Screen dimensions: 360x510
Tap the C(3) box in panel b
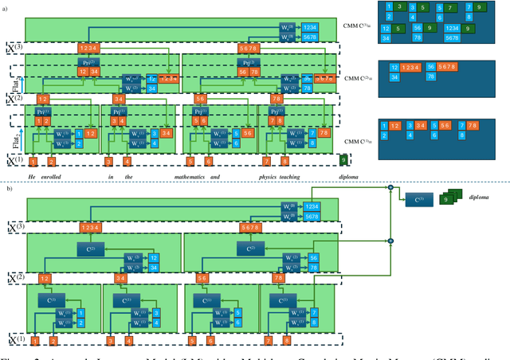(x=421, y=200)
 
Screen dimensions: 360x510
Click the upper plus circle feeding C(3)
(x=390, y=187)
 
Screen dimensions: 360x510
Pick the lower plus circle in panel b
(x=390, y=239)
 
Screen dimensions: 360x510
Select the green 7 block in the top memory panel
(x=449, y=9)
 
